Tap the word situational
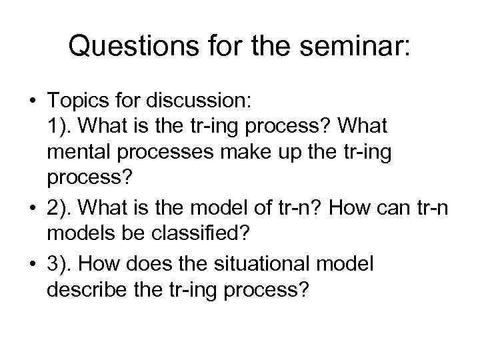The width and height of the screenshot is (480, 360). click(266, 264)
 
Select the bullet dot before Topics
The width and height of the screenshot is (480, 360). click(32, 102)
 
